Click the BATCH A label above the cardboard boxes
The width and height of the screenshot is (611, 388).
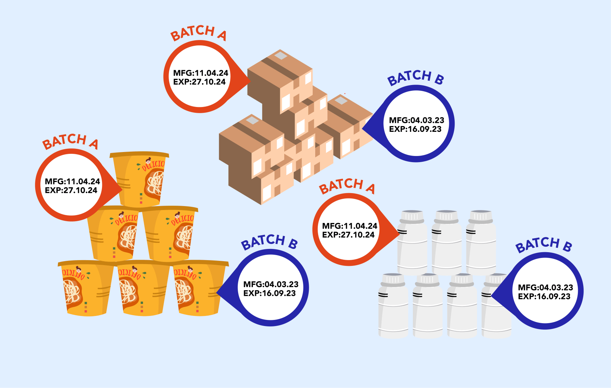point(199,32)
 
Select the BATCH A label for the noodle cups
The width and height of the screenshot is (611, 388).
point(70,141)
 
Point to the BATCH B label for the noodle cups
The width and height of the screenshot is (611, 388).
point(269,242)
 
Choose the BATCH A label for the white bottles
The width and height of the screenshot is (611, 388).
point(347,186)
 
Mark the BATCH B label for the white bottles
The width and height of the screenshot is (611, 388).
point(544,245)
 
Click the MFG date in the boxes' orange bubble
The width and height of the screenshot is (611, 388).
point(201,73)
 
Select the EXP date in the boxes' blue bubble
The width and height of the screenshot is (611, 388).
point(415,129)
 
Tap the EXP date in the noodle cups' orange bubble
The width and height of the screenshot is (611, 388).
point(71,191)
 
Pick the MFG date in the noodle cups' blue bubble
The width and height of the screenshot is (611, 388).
point(271,285)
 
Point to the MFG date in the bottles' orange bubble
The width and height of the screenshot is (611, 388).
point(349,226)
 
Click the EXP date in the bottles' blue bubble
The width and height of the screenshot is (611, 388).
point(544,296)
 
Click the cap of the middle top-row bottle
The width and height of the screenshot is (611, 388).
point(447,216)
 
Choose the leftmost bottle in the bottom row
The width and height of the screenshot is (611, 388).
point(393,306)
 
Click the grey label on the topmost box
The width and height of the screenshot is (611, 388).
point(281,55)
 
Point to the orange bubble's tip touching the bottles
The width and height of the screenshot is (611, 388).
point(398,233)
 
